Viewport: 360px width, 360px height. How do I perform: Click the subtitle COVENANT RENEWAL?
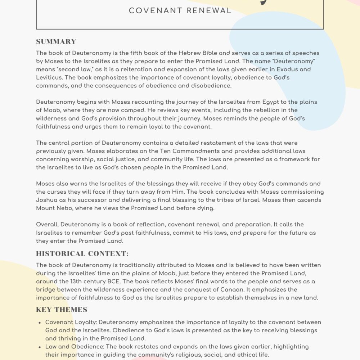[x=180, y=11]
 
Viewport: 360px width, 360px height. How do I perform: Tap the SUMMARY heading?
[x=56, y=41]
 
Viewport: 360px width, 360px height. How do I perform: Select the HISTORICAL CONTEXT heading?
[x=82, y=253]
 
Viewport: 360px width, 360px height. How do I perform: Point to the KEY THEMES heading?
[x=62, y=310]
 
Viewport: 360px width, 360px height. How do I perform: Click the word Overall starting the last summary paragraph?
[x=47, y=225]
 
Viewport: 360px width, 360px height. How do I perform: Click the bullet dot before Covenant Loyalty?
[x=39, y=323]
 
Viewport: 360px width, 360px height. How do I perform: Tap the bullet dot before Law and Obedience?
[x=39, y=347]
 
